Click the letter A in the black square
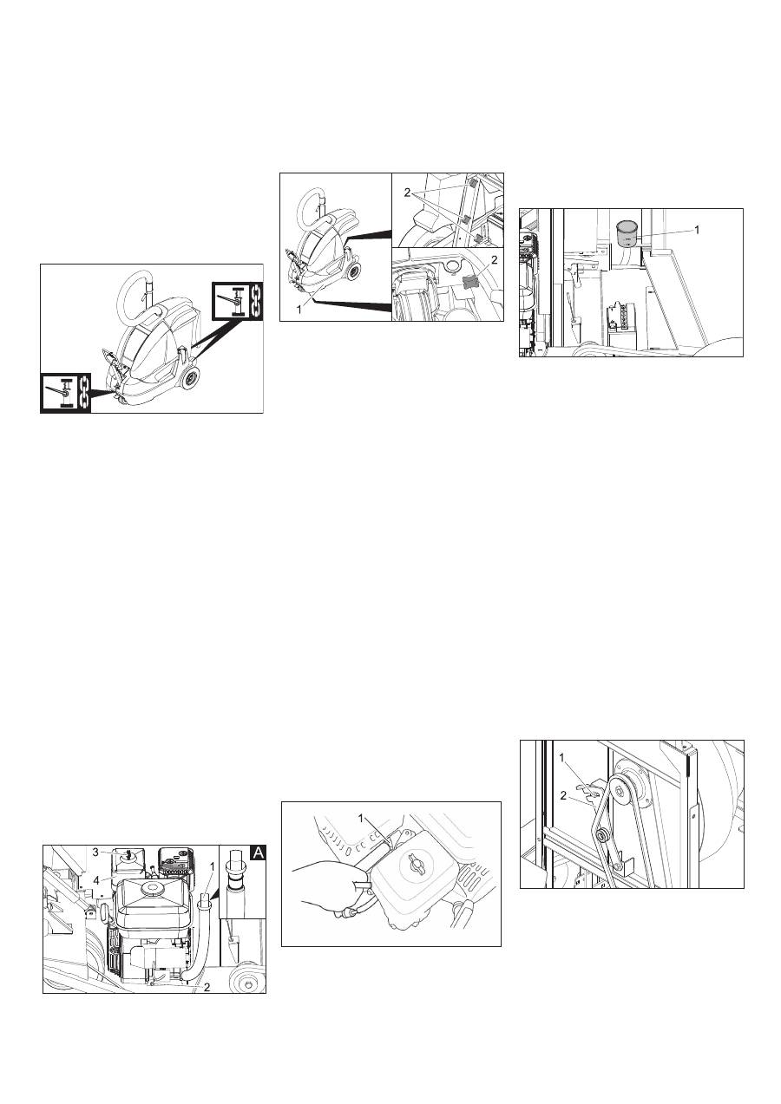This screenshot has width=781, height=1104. (259, 852)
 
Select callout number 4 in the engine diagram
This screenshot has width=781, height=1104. (95, 866)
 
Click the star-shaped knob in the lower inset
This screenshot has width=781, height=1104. (471, 282)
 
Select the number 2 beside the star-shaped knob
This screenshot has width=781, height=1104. (494, 259)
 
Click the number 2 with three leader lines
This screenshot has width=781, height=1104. (407, 193)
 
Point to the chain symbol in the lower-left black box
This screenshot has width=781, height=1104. (84, 391)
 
